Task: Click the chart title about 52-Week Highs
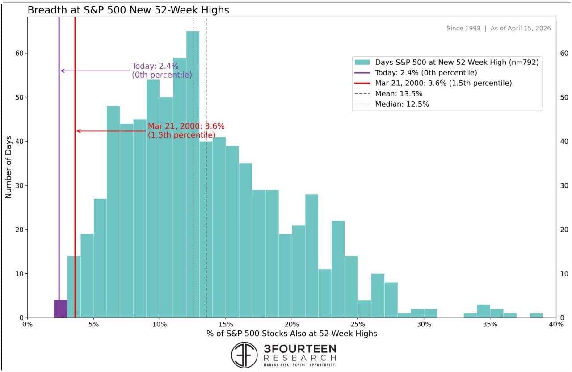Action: (x=128, y=10)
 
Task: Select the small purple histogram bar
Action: (x=60, y=309)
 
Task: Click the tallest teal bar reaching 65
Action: (x=193, y=174)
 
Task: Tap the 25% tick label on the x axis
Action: (x=358, y=324)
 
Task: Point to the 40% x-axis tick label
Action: (x=556, y=324)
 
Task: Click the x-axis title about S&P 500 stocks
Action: (x=292, y=334)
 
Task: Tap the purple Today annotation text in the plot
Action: (x=162, y=71)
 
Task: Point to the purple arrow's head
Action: (x=62, y=71)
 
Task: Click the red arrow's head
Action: (x=77, y=131)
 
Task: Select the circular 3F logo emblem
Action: (x=244, y=355)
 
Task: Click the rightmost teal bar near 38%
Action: (x=536, y=315)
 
